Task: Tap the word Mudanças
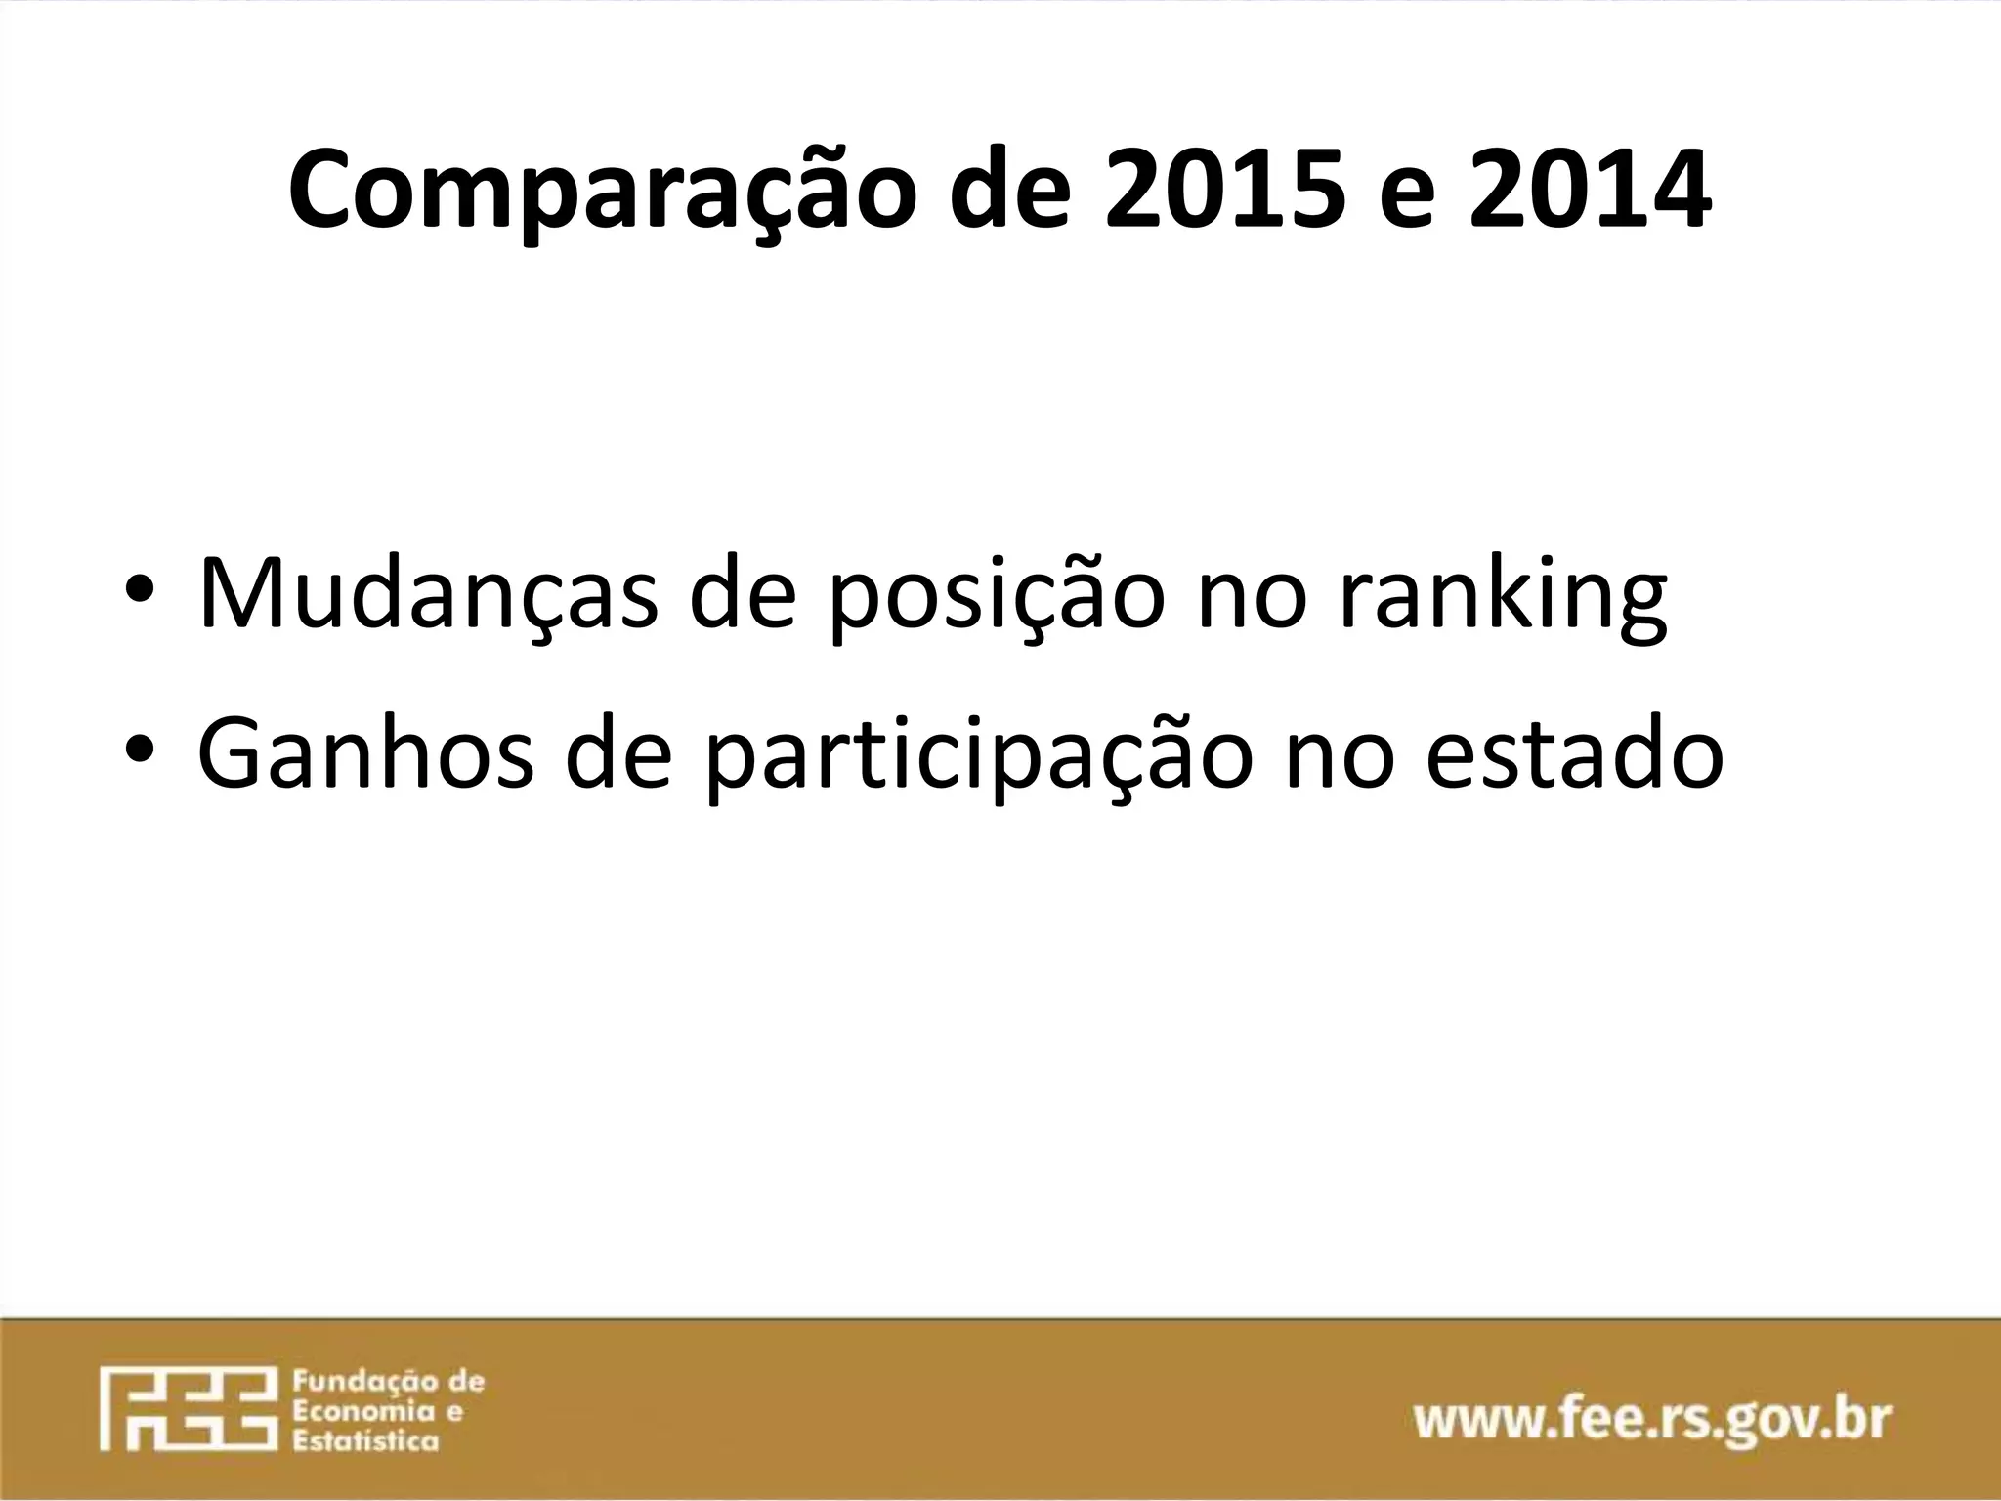(x=427, y=592)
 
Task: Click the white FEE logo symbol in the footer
(x=184, y=1408)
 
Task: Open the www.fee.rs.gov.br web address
(x=1652, y=1419)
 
